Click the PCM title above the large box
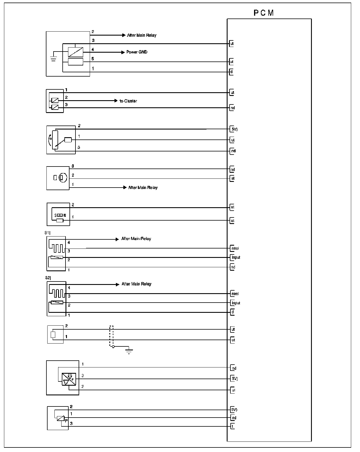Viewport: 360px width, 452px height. click(263, 13)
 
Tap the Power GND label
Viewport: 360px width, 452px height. click(137, 52)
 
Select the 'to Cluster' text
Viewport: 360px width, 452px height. click(128, 101)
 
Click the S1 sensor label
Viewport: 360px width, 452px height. click(47, 233)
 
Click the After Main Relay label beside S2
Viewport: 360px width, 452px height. click(136, 284)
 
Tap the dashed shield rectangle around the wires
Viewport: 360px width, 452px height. click(111, 336)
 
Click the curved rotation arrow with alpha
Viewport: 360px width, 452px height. click(51, 139)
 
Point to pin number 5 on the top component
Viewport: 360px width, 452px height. click(93, 59)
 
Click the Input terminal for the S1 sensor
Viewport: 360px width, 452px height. click(236, 257)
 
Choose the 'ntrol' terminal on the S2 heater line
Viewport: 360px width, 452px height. click(235, 294)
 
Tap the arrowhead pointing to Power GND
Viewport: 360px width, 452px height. click(123, 52)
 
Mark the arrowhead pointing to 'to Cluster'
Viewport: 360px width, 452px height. click(116, 101)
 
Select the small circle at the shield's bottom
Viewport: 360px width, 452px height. click(113, 347)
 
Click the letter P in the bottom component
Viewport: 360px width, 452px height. click(66, 421)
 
